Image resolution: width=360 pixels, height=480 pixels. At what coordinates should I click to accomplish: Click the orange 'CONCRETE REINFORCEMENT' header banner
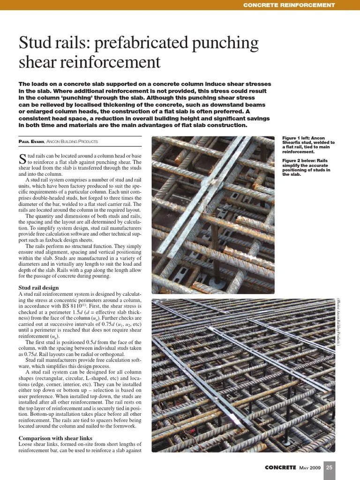point(289,5)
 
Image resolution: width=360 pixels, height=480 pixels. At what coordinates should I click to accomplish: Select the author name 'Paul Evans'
point(30,142)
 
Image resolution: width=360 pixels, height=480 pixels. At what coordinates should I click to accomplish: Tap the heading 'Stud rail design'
point(38,287)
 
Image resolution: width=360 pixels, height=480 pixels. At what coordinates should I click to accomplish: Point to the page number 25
point(330,467)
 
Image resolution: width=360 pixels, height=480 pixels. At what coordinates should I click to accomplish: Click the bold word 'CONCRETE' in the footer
point(280,467)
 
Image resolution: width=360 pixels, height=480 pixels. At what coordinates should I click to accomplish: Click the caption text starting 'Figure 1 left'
point(308,145)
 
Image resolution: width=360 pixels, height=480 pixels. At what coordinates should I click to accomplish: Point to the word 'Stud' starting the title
point(34,44)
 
